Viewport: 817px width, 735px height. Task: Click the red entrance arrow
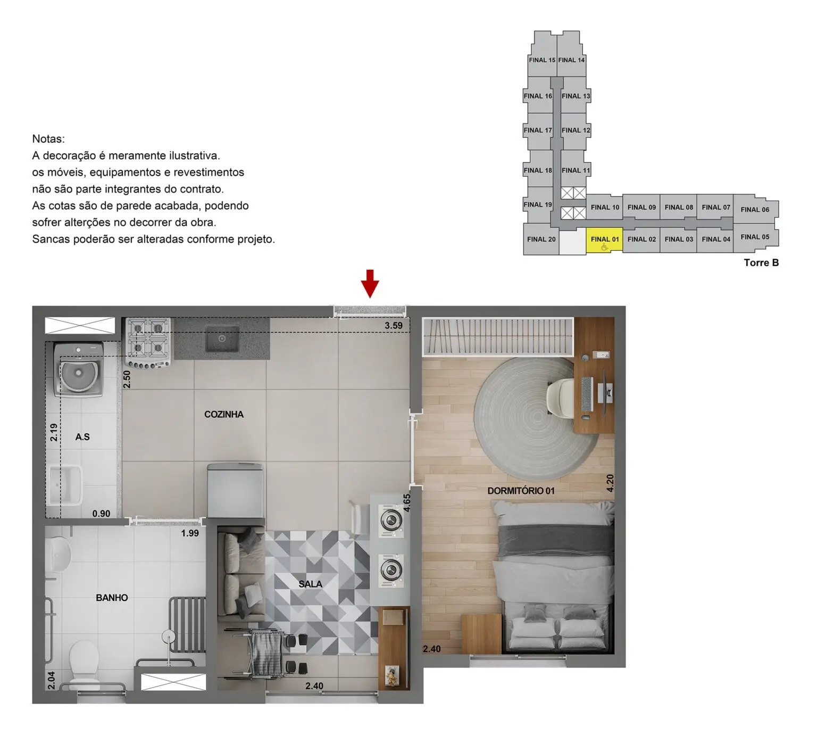(x=370, y=283)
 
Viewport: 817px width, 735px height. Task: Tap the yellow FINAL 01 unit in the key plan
(x=604, y=241)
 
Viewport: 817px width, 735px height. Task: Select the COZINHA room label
(x=224, y=414)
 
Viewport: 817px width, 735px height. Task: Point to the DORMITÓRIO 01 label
(x=521, y=491)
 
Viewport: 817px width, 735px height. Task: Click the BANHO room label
(x=112, y=598)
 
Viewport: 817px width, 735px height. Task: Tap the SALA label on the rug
(x=310, y=584)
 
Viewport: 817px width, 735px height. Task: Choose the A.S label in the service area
(x=82, y=437)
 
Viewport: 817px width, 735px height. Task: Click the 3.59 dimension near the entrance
(x=394, y=325)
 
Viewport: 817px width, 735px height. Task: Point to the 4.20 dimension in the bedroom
(x=610, y=483)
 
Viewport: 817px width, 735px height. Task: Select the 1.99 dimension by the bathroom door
(x=190, y=533)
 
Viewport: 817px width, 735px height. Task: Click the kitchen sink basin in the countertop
(x=222, y=338)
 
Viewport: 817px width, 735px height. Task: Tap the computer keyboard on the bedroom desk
(x=587, y=394)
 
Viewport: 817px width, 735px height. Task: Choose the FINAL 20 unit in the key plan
(x=541, y=240)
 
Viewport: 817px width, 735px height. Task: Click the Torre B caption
(x=761, y=262)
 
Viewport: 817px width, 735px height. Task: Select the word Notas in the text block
(x=48, y=139)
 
